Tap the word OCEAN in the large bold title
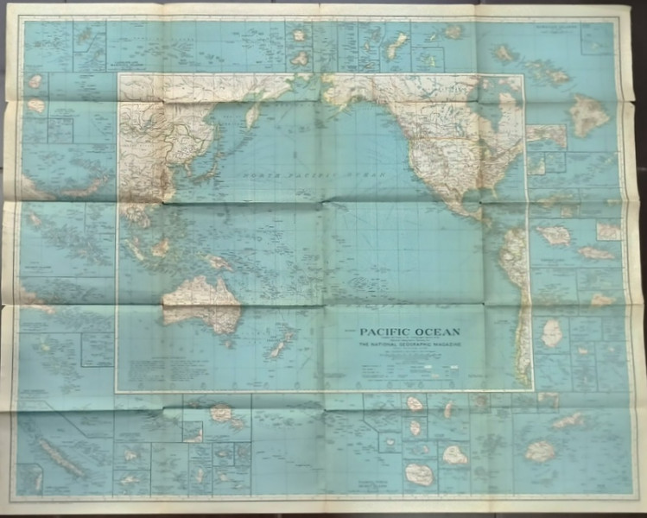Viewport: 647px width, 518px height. pos(437,332)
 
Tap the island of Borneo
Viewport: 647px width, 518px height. pos(159,249)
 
